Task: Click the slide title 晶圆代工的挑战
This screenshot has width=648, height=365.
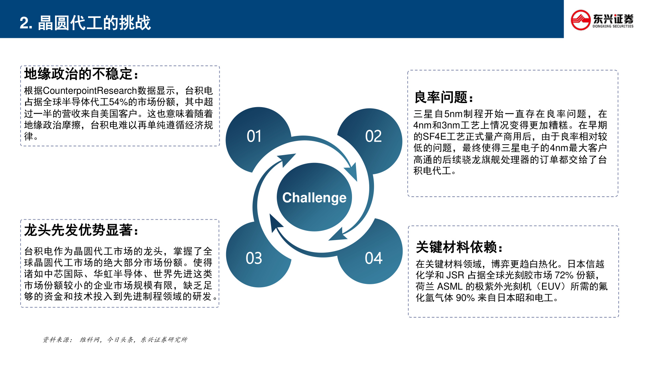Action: pos(94,23)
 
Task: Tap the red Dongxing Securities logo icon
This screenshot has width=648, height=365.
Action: pos(580,20)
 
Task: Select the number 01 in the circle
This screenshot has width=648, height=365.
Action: pos(254,136)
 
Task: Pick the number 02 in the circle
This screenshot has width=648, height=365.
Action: pos(373,136)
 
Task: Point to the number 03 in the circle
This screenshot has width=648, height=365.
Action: pos(254,258)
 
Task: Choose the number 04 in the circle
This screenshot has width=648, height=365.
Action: pos(373,258)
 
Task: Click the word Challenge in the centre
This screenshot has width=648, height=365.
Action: pos(314,198)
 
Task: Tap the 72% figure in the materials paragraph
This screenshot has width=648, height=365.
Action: pos(564,275)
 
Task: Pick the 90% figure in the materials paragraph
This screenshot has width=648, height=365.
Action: pos(465,298)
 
